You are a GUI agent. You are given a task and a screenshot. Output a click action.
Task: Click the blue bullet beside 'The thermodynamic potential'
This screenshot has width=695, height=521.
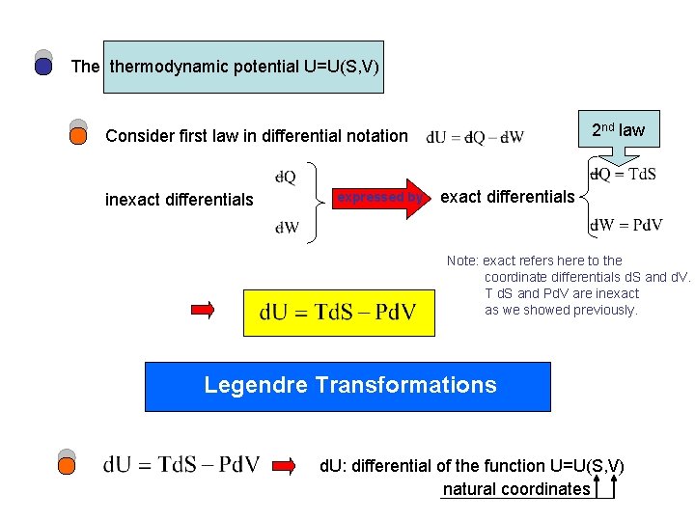point(43,66)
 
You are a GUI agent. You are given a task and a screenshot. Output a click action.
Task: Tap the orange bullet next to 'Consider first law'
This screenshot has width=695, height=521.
point(79,135)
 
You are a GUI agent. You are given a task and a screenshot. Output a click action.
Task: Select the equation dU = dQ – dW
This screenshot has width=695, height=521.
point(475,136)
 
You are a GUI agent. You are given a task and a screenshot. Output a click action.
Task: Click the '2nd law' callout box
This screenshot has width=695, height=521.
point(618,129)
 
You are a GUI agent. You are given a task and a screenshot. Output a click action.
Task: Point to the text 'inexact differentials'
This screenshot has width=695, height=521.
point(179,200)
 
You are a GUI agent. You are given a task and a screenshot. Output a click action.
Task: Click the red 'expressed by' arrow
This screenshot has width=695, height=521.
point(381,197)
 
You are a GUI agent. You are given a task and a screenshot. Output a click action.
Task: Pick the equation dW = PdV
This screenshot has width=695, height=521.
point(626,226)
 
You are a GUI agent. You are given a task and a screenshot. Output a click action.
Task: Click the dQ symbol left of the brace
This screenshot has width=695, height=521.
point(286,177)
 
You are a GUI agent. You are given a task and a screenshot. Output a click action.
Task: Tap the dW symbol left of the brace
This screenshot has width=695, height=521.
point(287,228)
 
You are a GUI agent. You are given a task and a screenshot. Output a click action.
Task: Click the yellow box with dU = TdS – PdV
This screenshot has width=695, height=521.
point(339,312)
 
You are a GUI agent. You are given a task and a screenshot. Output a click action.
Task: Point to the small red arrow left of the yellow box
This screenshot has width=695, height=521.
point(204,310)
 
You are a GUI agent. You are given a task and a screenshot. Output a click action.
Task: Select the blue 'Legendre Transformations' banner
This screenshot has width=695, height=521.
point(347,386)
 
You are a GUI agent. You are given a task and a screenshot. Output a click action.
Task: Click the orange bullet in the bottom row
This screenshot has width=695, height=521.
point(67,465)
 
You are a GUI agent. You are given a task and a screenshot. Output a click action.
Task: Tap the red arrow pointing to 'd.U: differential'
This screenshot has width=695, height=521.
point(288,466)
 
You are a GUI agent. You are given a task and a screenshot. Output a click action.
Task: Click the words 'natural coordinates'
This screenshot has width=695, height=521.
point(516,489)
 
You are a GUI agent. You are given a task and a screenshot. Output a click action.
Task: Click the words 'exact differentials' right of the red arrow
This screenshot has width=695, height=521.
point(508,197)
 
